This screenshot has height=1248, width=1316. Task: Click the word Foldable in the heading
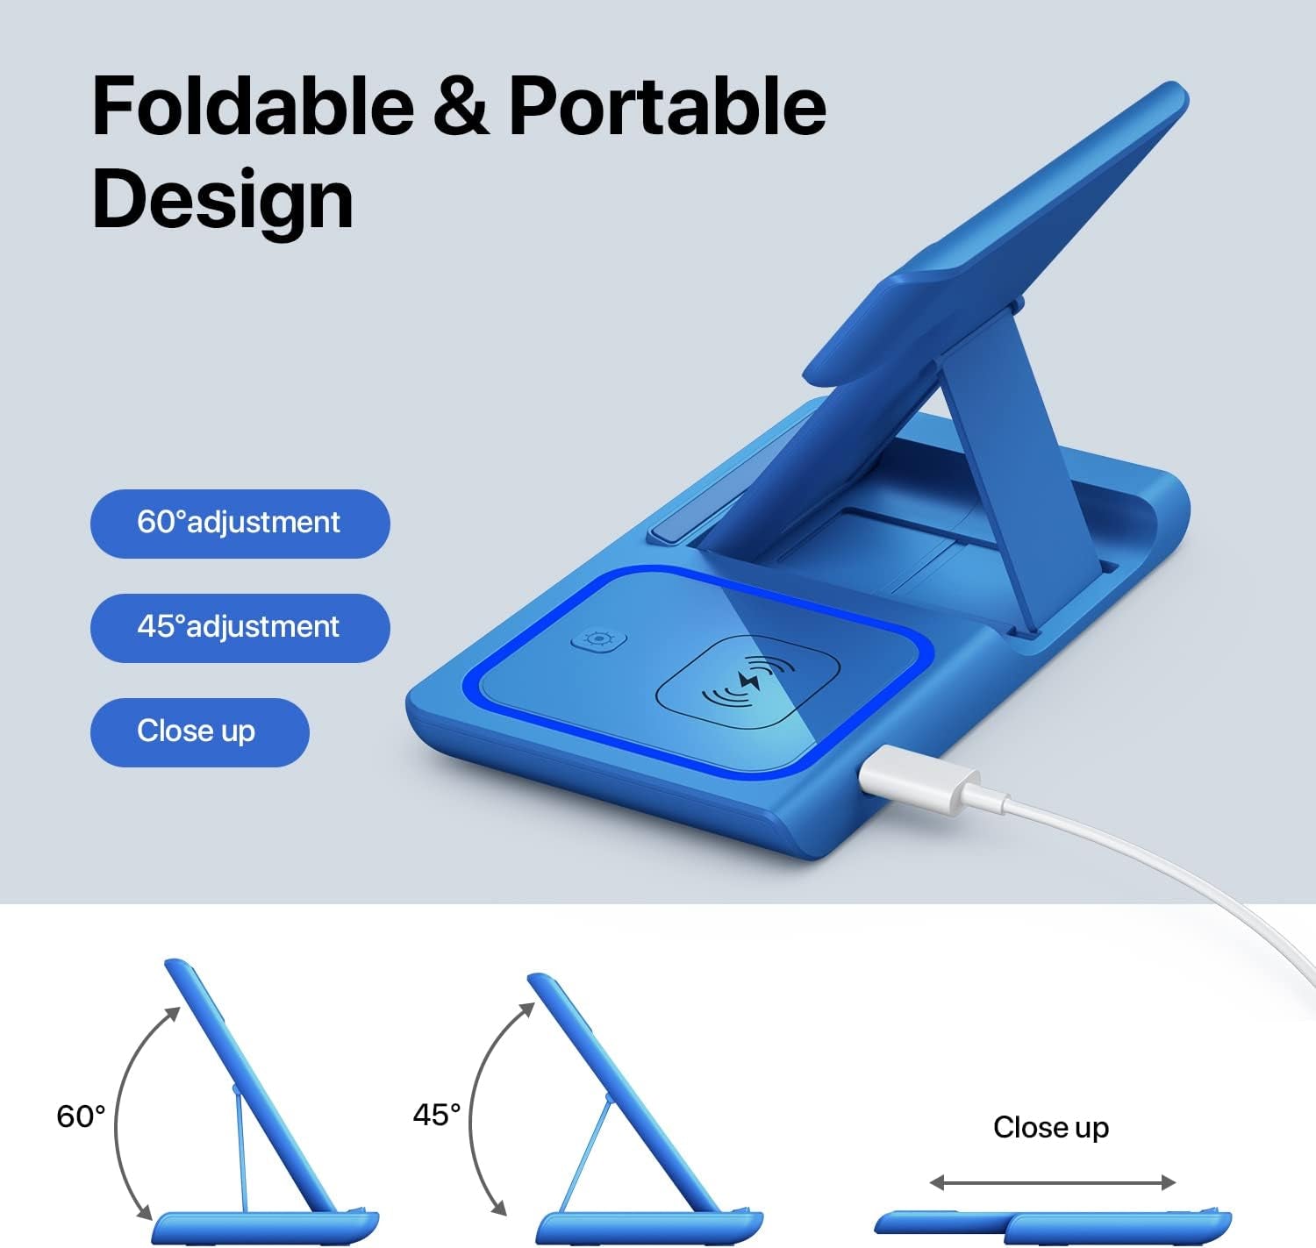coord(253,107)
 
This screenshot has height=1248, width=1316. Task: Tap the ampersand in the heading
coord(461,107)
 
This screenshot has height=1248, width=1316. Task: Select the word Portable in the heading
coord(667,107)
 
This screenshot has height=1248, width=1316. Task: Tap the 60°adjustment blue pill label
coord(240,524)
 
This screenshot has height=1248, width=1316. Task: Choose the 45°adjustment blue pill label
coord(240,628)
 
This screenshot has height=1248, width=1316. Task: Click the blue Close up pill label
coord(199,732)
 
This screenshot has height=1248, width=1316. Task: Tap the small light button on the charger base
coord(598,639)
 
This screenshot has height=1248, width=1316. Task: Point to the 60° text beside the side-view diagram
coord(81,1116)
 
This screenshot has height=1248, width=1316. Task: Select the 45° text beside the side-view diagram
coord(437,1115)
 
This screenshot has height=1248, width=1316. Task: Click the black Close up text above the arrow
coord(1050,1127)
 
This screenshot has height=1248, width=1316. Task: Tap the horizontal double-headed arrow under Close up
coord(1052,1183)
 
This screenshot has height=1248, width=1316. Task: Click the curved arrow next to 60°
coord(123,1114)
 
